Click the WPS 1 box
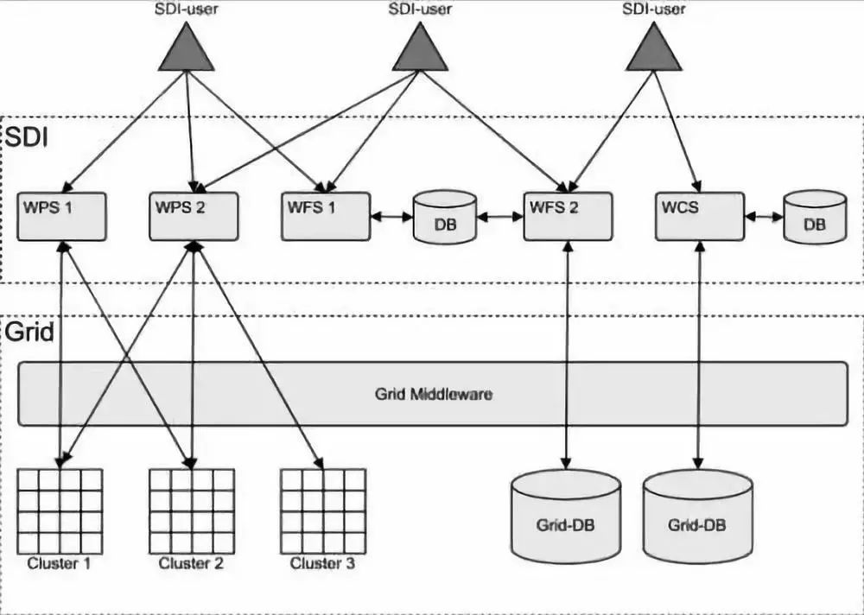(61, 216)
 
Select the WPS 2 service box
(193, 216)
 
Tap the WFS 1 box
(325, 216)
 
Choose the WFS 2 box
(568, 216)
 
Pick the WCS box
(699, 216)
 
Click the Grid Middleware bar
(433, 394)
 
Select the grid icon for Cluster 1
(60, 511)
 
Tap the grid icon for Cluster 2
(192, 511)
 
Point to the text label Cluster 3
(322, 564)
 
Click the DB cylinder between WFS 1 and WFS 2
(445, 217)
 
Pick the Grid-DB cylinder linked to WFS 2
(566, 515)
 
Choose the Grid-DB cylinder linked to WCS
(697, 515)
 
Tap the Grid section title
(29, 333)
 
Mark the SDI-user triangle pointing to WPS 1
(186, 48)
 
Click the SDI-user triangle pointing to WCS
(653, 48)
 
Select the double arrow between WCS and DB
(764, 218)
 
